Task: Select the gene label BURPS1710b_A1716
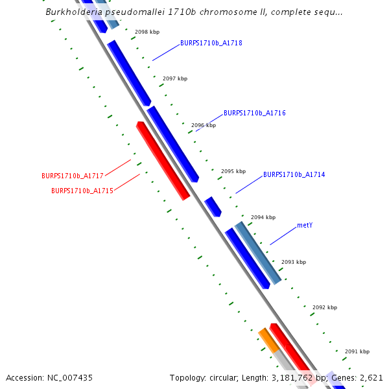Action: pyautogui.click(x=255, y=113)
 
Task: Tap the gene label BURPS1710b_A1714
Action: pyautogui.click(x=294, y=174)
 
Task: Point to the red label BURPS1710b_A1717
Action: pyautogui.click(x=73, y=176)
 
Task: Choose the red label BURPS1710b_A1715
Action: pyautogui.click(x=82, y=191)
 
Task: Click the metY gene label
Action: pyautogui.click(x=305, y=226)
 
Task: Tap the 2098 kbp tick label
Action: pyautogui.click(x=147, y=32)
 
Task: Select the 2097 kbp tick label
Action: pyautogui.click(x=175, y=78)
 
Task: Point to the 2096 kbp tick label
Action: pyautogui.click(x=204, y=125)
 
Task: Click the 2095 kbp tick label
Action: pyautogui.click(x=233, y=172)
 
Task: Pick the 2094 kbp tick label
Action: pyautogui.click(x=263, y=217)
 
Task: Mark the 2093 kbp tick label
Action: pyautogui.click(x=294, y=263)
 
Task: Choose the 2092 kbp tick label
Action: pyautogui.click(x=325, y=307)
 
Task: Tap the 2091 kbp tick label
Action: pyautogui.click(x=357, y=351)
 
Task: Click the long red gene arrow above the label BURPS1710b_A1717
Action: pyautogui.click(x=163, y=160)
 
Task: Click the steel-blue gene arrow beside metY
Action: pyautogui.click(x=257, y=252)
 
